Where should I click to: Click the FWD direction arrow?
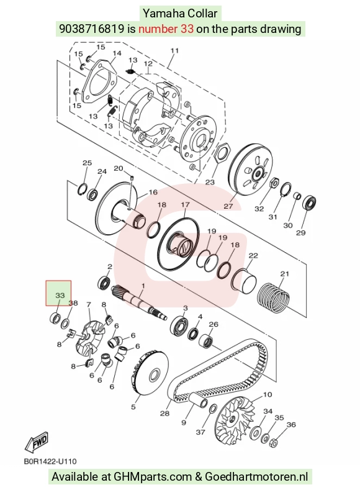point(37,443)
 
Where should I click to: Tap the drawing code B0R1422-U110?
point(50,461)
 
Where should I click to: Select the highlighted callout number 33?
point(60,295)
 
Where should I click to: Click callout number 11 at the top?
point(174,51)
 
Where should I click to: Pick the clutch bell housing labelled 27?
point(251,170)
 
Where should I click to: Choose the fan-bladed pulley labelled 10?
point(236,419)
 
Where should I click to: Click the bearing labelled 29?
point(310,203)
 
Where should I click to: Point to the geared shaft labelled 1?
point(139,302)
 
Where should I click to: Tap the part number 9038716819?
point(91,29)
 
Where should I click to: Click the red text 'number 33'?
point(166,29)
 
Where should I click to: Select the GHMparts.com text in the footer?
point(153,477)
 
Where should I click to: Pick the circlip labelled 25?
point(83,189)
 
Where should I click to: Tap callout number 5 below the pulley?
point(133,407)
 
